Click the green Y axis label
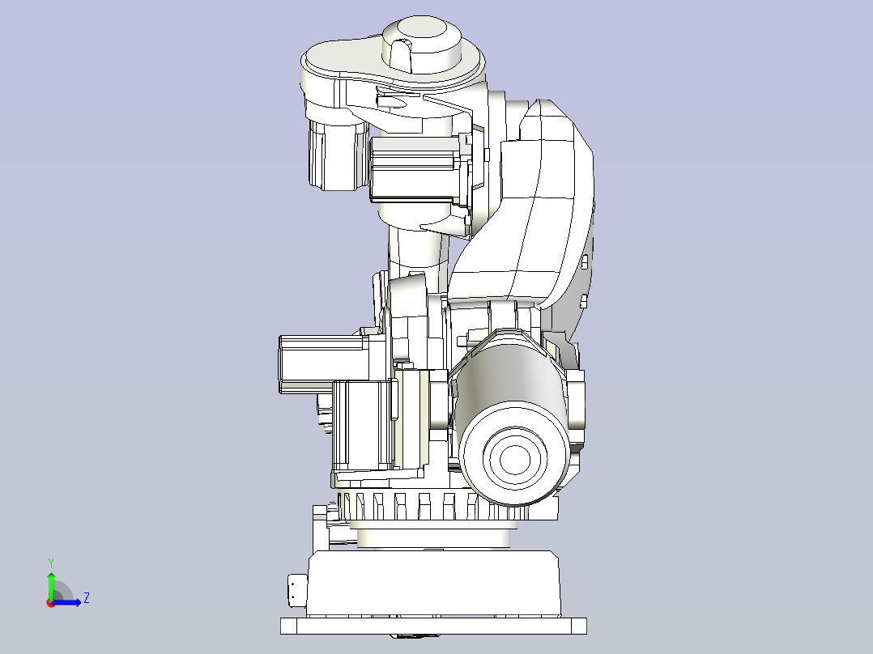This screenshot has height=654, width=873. point(51,563)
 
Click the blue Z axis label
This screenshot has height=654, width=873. point(87,598)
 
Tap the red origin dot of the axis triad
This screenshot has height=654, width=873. point(51,603)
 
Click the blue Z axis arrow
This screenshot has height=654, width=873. point(66,602)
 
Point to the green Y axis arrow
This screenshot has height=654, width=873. point(51,586)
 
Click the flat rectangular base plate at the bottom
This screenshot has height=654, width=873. point(433,626)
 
